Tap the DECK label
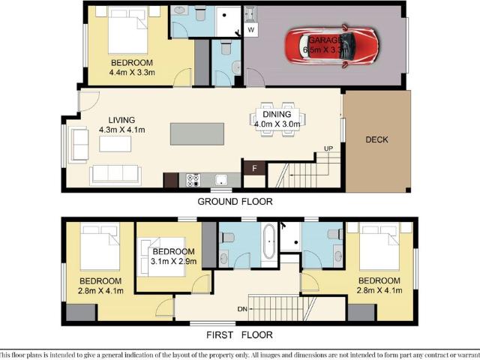[376, 140]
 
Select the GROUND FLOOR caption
[235, 202]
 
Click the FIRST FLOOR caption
[241, 334]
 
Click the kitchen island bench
[197, 133]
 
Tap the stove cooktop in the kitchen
[193, 180]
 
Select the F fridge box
[254, 168]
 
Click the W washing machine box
[251, 30]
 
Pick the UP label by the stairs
[328, 148]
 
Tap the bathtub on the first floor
[269, 245]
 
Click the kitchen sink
[221, 180]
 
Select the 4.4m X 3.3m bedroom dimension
[131, 73]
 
